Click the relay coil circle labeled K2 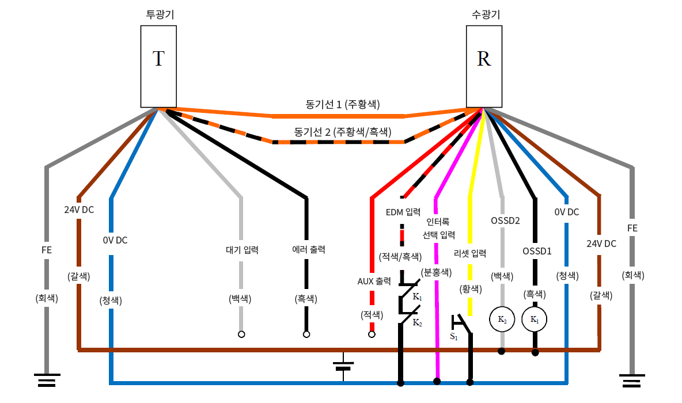pyautogui.click(x=502, y=319)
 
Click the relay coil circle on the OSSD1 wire pyautogui.click(x=535, y=319)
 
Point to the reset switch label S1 pyautogui.click(x=454, y=336)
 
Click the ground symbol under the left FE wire pyautogui.click(x=47, y=380)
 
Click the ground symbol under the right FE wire pyautogui.click(x=632, y=380)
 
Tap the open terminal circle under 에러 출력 pyautogui.click(x=306, y=334)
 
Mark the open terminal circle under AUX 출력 pyautogui.click(x=372, y=334)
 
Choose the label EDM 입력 pyautogui.click(x=403, y=212)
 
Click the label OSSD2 pyautogui.click(x=505, y=220)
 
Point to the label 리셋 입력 pyautogui.click(x=470, y=253)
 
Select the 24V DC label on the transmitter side pyautogui.click(x=79, y=210)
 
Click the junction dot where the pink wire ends pyautogui.click(x=437, y=381)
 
